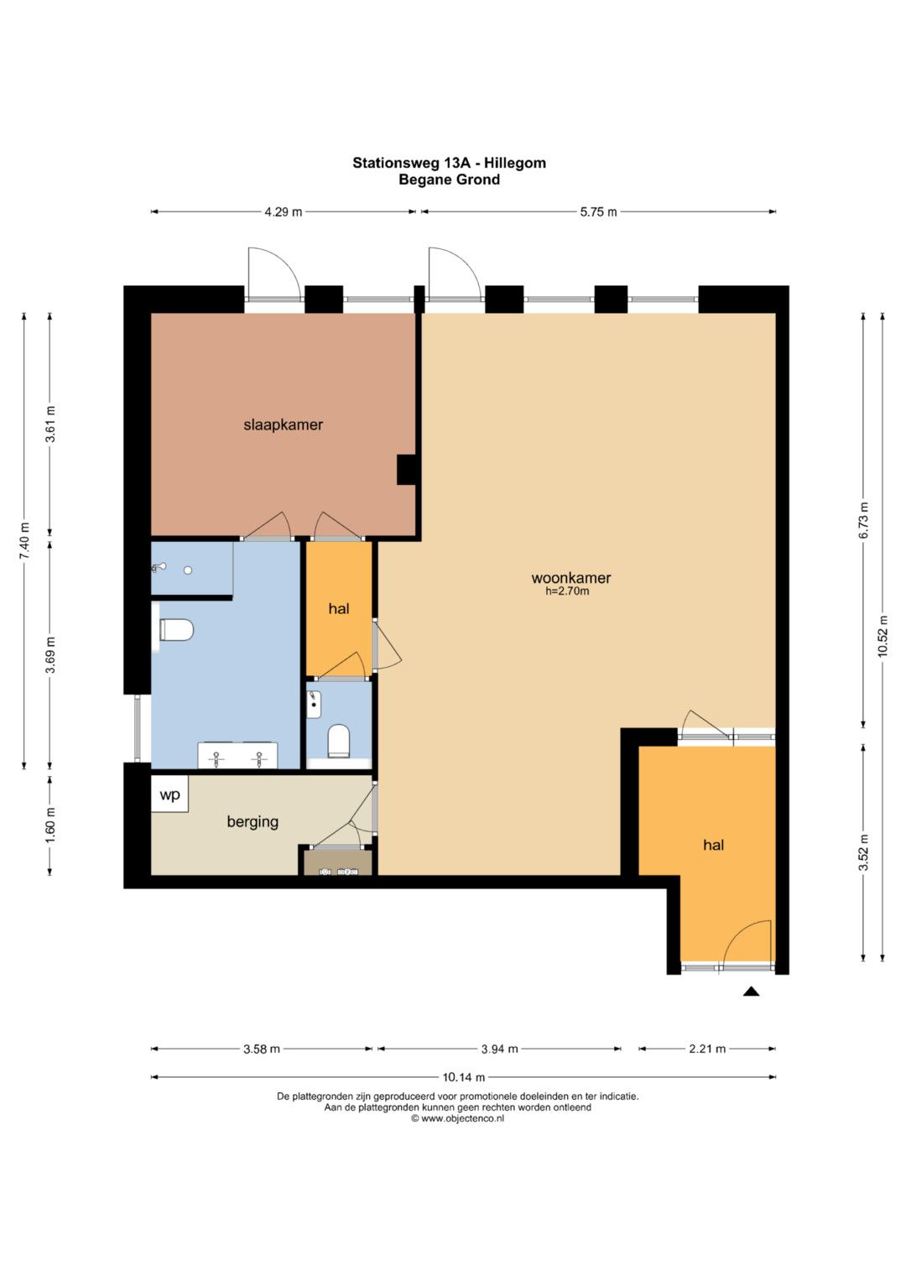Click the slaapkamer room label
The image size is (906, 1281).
pyautogui.click(x=284, y=425)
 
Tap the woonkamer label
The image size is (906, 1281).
pyautogui.click(x=570, y=578)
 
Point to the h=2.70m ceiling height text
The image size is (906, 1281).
pyautogui.click(x=567, y=591)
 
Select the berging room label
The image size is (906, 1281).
pyautogui.click(x=253, y=822)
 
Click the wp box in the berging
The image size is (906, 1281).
pyautogui.click(x=169, y=794)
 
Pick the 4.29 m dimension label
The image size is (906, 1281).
pyautogui.click(x=284, y=212)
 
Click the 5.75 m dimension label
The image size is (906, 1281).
pyautogui.click(x=598, y=212)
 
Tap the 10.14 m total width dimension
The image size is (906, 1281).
pyautogui.click(x=463, y=1077)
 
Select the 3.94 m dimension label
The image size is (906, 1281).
pyautogui.click(x=500, y=1049)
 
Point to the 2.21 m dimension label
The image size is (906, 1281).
pyautogui.click(x=707, y=1049)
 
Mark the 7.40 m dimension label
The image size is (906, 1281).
pyautogui.click(x=24, y=541)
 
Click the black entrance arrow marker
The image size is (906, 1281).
pyautogui.click(x=751, y=992)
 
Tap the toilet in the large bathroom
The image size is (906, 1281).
pyautogui.click(x=176, y=630)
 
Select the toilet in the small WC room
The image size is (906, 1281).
pyautogui.click(x=339, y=741)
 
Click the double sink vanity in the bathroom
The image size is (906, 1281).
pyautogui.click(x=237, y=756)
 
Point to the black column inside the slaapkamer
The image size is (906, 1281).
pyautogui.click(x=407, y=470)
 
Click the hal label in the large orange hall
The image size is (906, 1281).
pyautogui.click(x=713, y=846)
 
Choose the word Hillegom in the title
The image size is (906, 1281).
pyautogui.click(x=515, y=164)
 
